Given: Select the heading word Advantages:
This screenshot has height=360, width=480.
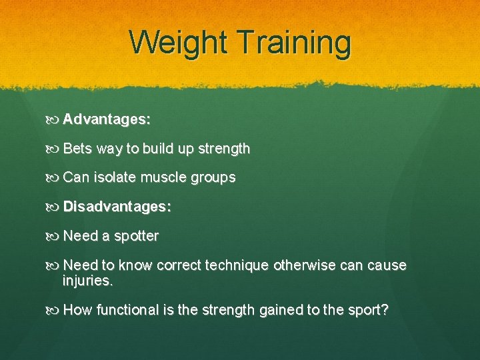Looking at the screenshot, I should pyautogui.click(x=107, y=120).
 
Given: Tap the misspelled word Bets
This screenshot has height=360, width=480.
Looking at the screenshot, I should pyautogui.click(x=77, y=149).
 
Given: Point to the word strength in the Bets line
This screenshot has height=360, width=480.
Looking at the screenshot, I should pyautogui.click(x=219, y=149).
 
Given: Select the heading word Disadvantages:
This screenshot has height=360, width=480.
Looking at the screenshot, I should pyautogui.click(x=117, y=207).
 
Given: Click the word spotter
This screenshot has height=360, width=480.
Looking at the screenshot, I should pyautogui.click(x=136, y=237).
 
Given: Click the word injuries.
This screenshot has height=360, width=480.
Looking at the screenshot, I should pyautogui.click(x=88, y=281).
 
